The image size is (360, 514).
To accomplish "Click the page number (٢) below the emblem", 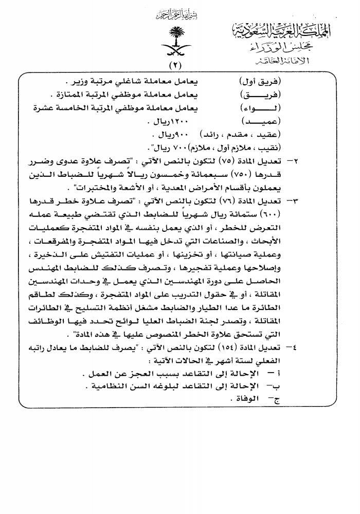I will [x=178, y=65].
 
